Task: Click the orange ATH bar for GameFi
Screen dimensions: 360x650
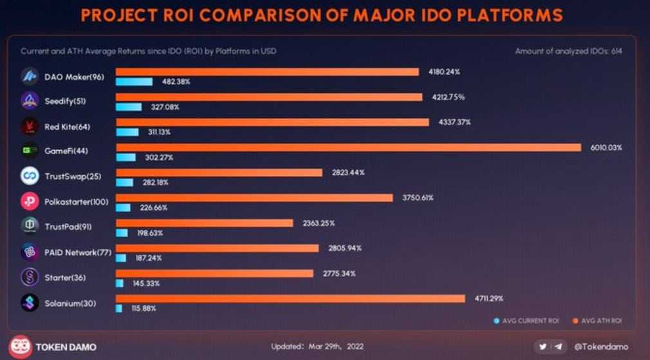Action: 348,147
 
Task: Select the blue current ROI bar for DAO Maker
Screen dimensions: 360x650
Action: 134,82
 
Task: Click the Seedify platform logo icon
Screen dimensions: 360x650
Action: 30,101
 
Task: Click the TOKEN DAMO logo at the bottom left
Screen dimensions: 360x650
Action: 22,346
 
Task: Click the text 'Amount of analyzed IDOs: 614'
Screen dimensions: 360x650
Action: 568,51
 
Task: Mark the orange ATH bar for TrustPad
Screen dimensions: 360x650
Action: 204,223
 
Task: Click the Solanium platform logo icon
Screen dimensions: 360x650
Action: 30,302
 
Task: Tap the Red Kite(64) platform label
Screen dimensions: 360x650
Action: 67,127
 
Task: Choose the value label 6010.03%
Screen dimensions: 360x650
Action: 606,147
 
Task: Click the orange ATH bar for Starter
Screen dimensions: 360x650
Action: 214,273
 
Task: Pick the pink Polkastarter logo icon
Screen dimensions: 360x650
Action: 30,202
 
